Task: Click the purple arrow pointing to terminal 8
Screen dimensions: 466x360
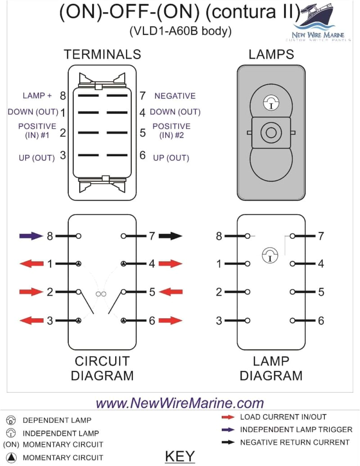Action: point(31,236)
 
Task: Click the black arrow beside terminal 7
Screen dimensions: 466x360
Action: point(171,236)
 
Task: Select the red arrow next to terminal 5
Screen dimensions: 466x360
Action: point(171,292)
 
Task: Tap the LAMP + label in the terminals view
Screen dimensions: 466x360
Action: point(37,96)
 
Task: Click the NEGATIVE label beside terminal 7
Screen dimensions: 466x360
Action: point(175,96)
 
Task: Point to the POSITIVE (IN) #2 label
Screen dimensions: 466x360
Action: point(171,131)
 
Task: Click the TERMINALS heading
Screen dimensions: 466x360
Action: point(102,54)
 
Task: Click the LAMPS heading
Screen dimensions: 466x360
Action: point(271,54)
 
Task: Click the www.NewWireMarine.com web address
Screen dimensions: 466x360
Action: point(180,403)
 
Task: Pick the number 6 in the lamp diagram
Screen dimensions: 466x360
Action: point(321,321)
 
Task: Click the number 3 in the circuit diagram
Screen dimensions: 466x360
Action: point(50,321)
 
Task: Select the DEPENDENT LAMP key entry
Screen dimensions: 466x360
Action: point(57,421)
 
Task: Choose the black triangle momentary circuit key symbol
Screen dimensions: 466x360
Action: point(11,458)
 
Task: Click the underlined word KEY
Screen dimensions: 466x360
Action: point(180,456)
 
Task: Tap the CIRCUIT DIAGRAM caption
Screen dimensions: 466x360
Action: point(102,368)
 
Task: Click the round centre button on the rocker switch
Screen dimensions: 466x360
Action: point(271,132)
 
